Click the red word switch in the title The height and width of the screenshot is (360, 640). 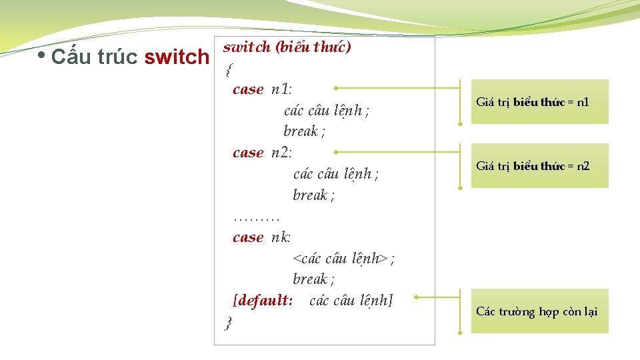coord(177,57)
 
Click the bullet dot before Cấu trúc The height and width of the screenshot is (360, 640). coord(41,55)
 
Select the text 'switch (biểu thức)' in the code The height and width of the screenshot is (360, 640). coord(287,47)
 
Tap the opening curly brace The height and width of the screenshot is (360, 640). coord(229,69)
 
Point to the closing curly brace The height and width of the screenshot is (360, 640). coord(229,323)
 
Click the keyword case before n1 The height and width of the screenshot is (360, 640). coord(248,89)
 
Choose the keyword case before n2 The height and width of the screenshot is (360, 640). coord(248,153)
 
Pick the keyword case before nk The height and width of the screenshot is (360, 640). coord(248,237)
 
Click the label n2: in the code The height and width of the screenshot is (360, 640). coord(282,153)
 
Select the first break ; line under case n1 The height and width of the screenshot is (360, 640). coord(304,131)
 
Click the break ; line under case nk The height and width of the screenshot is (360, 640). coord(313,279)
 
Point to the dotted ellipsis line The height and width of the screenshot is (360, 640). coord(257,217)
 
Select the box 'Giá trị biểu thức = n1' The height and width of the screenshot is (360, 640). coord(540,102)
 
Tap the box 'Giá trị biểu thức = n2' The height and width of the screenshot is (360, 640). coord(540,165)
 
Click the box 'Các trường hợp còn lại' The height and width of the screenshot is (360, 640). coord(540,311)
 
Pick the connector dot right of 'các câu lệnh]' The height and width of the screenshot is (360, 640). coord(415,297)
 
